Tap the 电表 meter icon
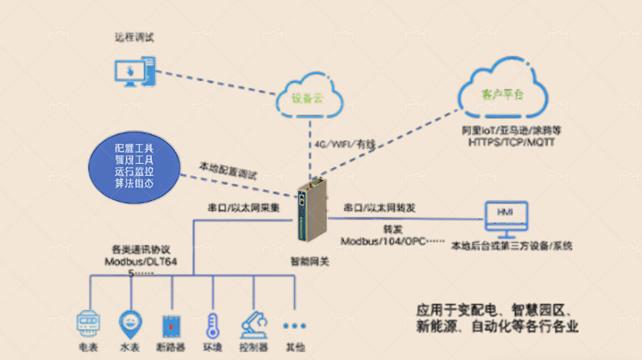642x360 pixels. click(87, 324)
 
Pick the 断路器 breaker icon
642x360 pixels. click(170, 325)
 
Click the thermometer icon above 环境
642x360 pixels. click(212, 325)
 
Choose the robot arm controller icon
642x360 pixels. click(254, 324)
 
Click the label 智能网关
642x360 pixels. click(309, 261)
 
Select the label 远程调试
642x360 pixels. click(133, 37)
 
